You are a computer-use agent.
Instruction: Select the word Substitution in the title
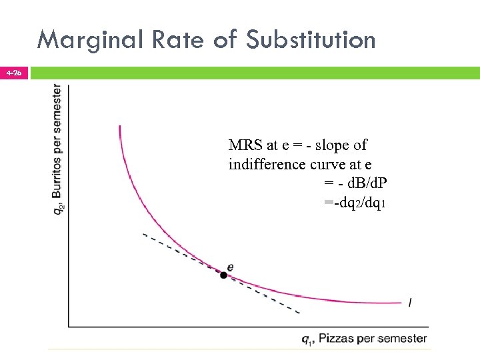pyautogui.click(x=311, y=40)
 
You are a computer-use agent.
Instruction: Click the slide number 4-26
pyautogui.click(x=13, y=72)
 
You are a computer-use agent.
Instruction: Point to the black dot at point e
pyautogui.click(x=224, y=275)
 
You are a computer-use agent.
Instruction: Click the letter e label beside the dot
pyautogui.click(x=231, y=267)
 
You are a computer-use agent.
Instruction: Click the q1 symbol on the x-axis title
pyautogui.click(x=307, y=339)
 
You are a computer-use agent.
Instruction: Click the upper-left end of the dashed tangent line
pyautogui.click(x=143, y=234)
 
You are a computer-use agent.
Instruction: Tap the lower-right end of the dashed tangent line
pyautogui.click(x=299, y=312)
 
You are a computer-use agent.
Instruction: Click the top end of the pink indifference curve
pyautogui.click(x=120, y=126)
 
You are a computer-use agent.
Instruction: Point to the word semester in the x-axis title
pyautogui.click(x=401, y=339)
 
